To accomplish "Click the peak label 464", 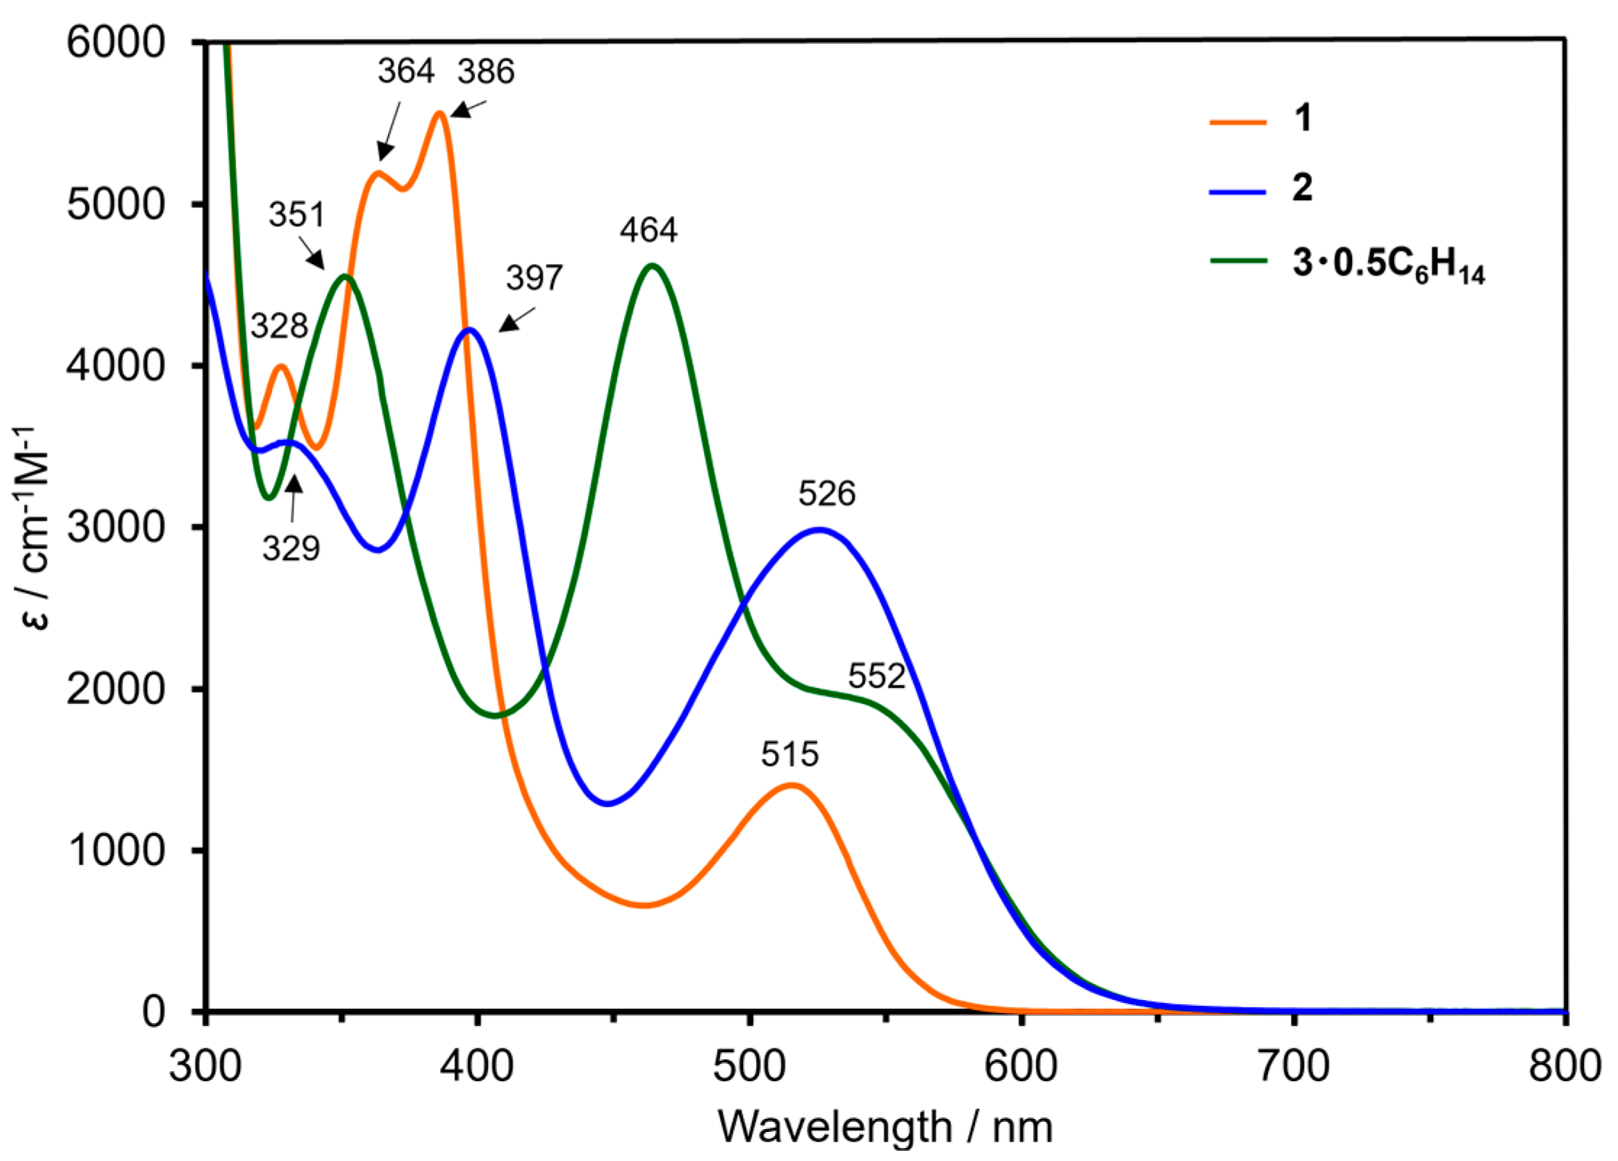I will pyautogui.click(x=648, y=231).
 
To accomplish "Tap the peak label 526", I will pyautogui.click(x=826, y=494).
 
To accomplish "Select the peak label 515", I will pyautogui.click(x=789, y=754).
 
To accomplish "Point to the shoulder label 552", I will pyautogui.click(x=876, y=676).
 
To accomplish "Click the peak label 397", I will pyautogui.click(x=534, y=278).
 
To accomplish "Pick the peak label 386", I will pyautogui.click(x=486, y=72).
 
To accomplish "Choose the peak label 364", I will pyautogui.click(x=405, y=71).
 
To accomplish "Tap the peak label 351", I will pyautogui.click(x=296, y=215).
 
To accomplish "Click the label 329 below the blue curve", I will pyautogui.click(x=291, y=548).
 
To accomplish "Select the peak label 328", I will pyautogui.click(x=279, y=326).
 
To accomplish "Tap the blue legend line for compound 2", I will pyautogui.click(x=1237, y=192).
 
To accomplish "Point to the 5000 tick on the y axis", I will pyautogui.click(x=116, y=204).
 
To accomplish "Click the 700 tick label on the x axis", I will pyautogui.click(x=1293, y=1067).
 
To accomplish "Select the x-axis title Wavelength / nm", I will pyautogui.click(x=884, y=1127).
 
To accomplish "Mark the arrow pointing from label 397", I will pyautogui.click(x=516, y=320).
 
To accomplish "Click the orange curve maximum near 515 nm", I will pyautogui.click(x=792, y=785).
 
